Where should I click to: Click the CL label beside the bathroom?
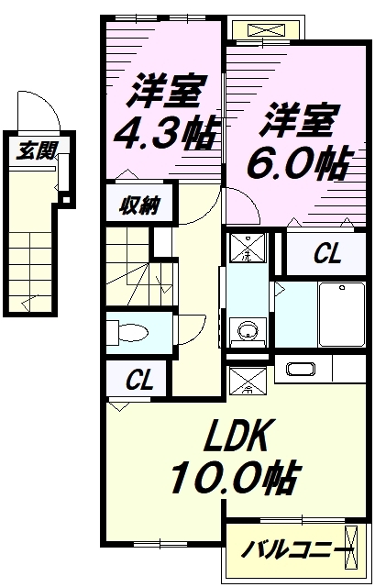[x=326, y=254]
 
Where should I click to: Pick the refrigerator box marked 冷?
[x=248, y=379]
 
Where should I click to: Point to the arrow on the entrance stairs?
[x=26, y=302]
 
